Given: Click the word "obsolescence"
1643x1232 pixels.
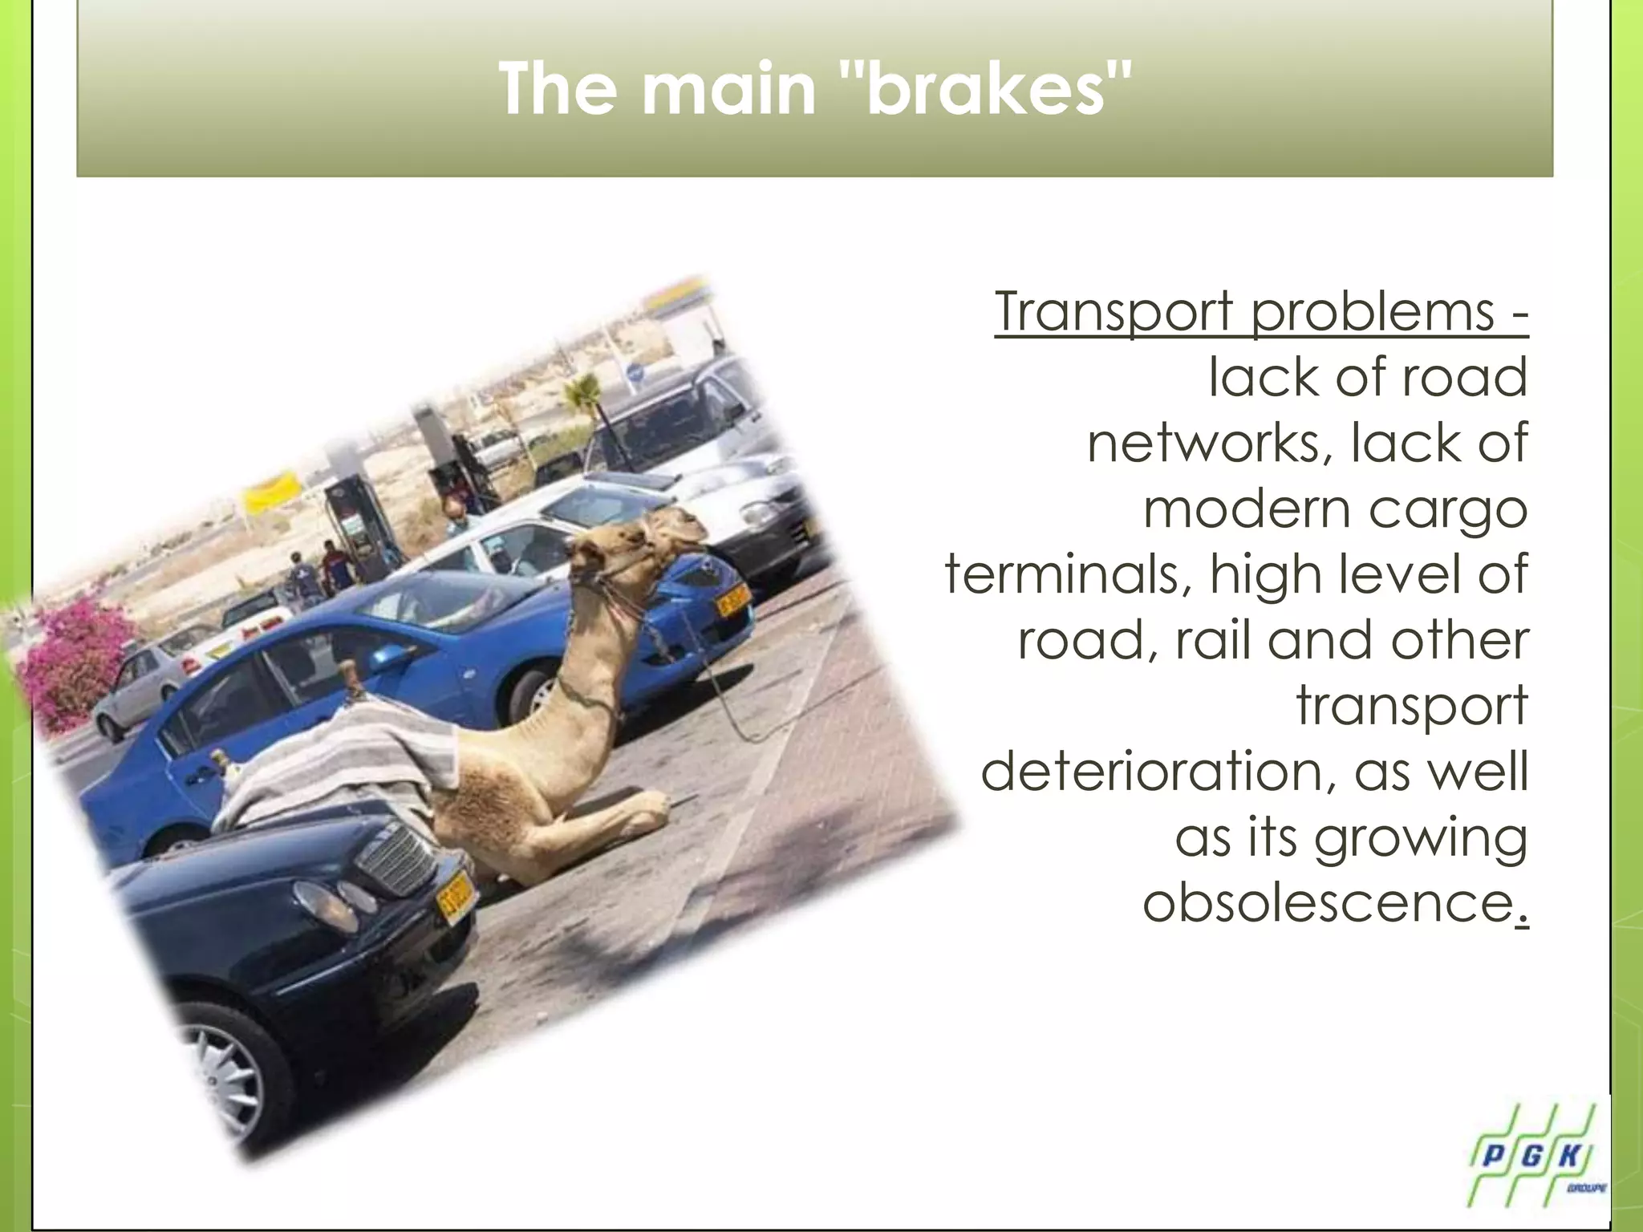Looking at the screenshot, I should pyautogui.click(x=1328, y=903).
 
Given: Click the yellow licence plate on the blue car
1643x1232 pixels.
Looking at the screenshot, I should pyautogui.click(x=732, y=598).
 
